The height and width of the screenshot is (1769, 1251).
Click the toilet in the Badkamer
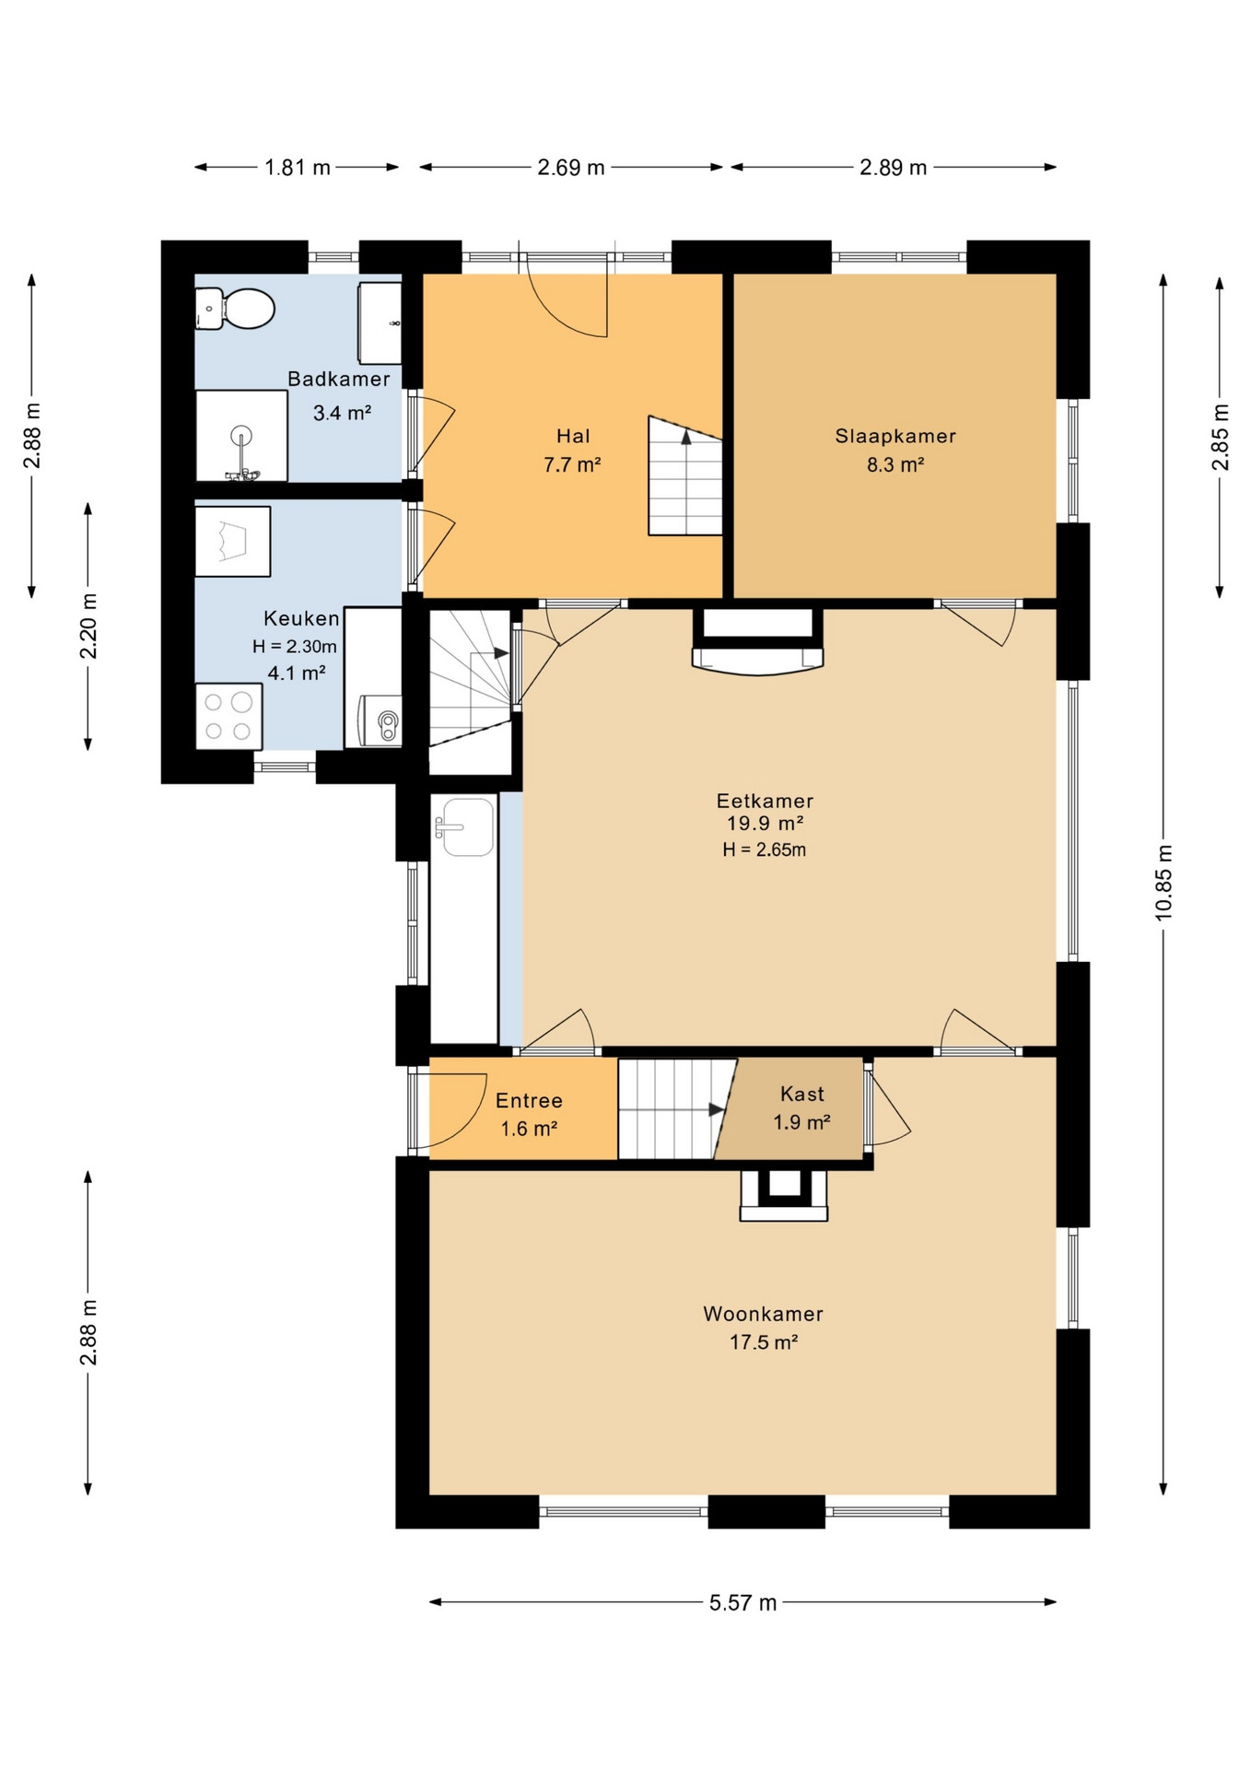click(235, 309)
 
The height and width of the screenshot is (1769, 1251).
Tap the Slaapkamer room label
click(895, 436)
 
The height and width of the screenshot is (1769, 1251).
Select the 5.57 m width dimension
click(742, 1602)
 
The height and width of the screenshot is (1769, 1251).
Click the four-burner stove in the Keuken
click(229, 717)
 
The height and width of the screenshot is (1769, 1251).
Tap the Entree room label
click(529, 1100)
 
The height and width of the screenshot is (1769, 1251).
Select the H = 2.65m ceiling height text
click(765, 849)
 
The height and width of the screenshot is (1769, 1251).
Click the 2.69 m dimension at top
click(571, 167)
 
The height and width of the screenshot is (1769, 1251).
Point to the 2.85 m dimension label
click(1220, 437)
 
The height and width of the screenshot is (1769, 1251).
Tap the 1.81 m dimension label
click(298, 167)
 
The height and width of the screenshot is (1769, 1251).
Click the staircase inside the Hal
click(684, 475)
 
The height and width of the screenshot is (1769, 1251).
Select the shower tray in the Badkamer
click(241, 436)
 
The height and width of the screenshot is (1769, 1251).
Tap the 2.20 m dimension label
click(88, 627)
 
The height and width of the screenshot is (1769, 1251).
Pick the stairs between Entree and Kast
click(676, 1109)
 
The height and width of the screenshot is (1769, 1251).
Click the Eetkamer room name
click(765, 801)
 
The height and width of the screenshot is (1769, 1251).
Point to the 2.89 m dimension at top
click(893, 167)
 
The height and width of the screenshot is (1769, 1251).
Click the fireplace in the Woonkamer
click(784, 1195)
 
